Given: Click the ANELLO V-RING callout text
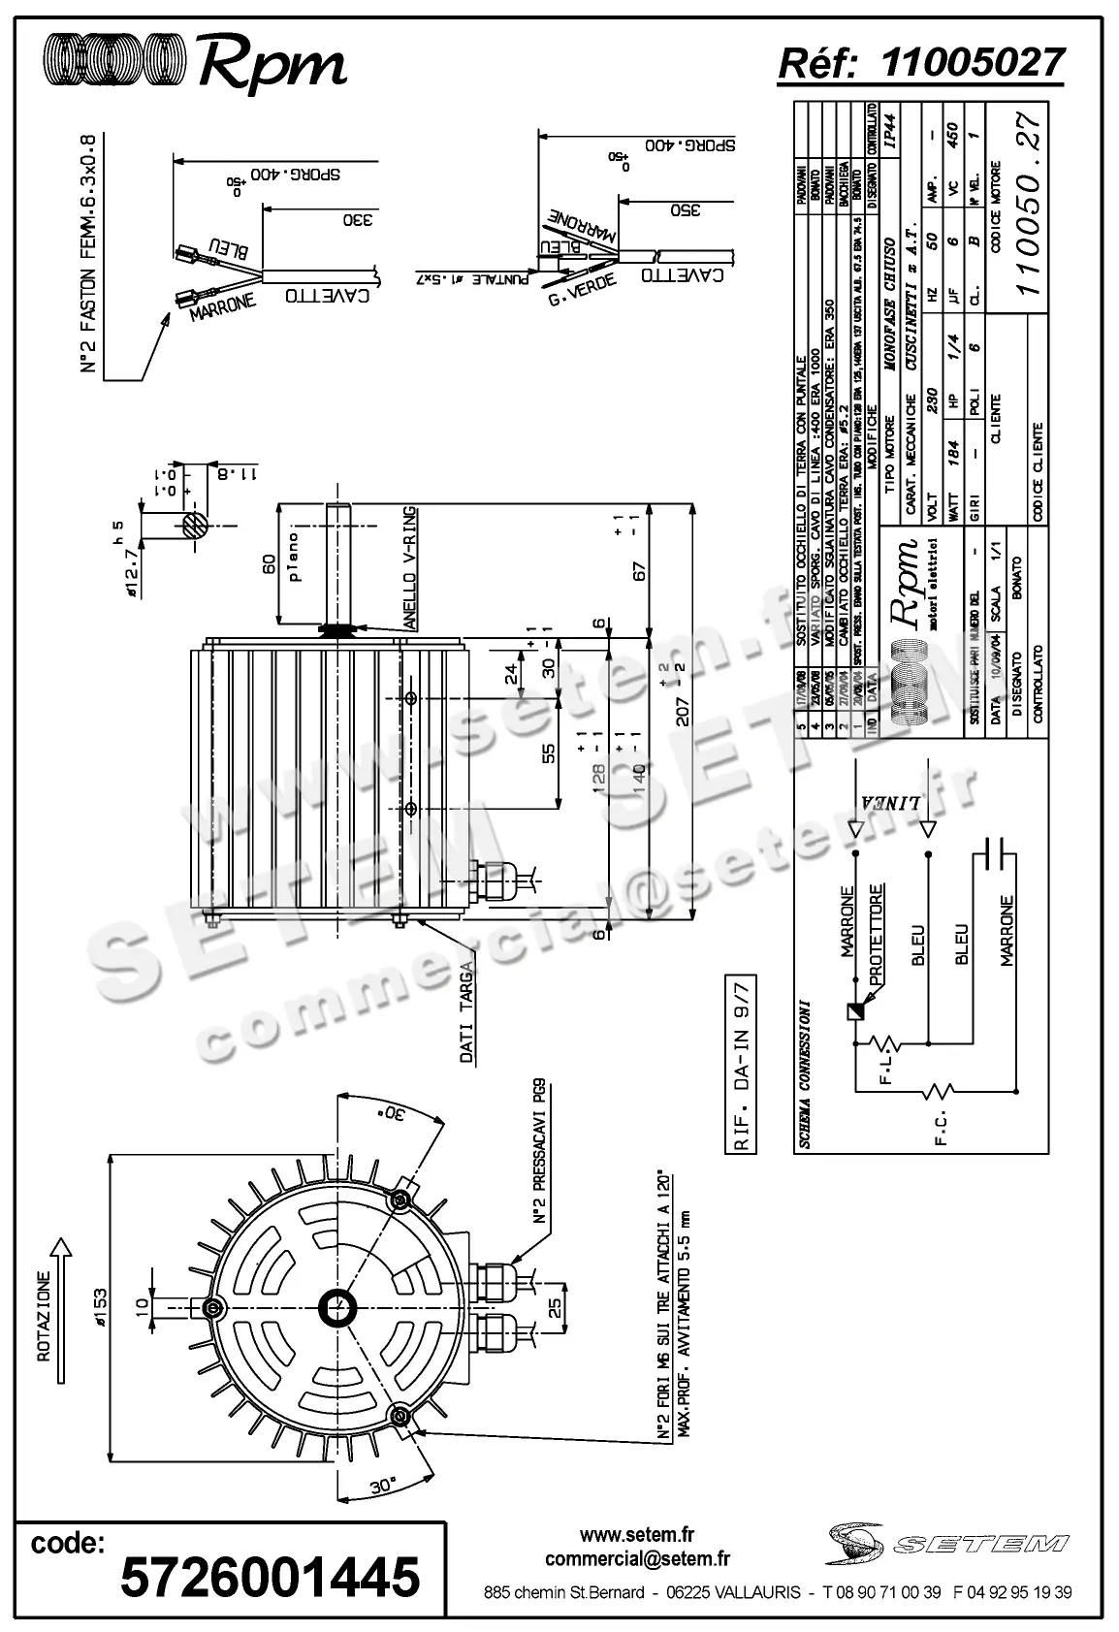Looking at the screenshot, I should tap(410, 568).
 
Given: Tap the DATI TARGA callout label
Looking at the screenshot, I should tap(467, 1012).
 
